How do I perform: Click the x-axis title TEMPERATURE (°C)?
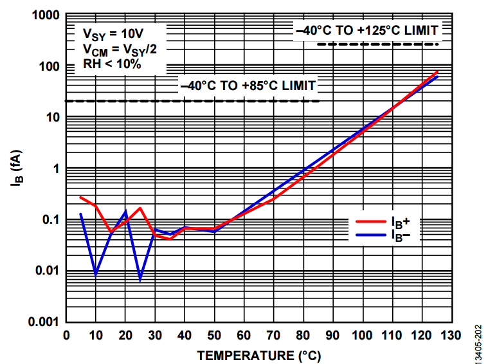pyautogui.click(x=258, y=355)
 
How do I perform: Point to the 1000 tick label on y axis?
pyautogui.click(x=46, y=16)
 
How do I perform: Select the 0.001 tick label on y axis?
pyautogui.click(x=42, y=321)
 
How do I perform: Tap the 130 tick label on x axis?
pyautogui.click(x=451, y=335)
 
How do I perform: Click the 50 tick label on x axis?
pyautogui.click(x=214, y=335)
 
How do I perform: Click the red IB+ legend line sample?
pyautogui.click(x=371, y=222)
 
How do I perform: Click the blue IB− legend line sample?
pyautogui.click(x=371, y=235)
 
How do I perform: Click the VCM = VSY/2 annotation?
pyautogui.click(x=120, y=49)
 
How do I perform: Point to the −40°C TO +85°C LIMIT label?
pyautogui.click(x=248, y=86)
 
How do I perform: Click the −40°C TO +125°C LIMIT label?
pyautogui.click(x=366, y=30)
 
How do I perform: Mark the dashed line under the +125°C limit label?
pyautogui.click(x=377, y=44)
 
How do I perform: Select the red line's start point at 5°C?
pyautogui.click(x=81, y=197)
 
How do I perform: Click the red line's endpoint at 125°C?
pyautogui.click(x=437, y=71)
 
